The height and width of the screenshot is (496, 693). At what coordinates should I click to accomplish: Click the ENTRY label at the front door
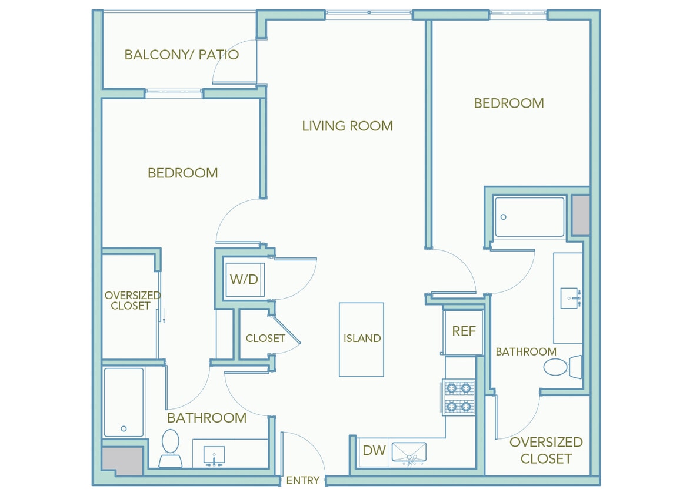302,480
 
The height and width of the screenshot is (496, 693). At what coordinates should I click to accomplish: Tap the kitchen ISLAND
361,339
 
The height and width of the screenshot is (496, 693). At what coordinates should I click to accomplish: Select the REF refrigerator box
464,331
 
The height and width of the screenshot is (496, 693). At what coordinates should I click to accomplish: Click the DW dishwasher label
374,451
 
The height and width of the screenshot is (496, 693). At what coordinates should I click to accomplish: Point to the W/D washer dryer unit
244,279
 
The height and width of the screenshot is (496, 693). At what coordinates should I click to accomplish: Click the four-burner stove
459,397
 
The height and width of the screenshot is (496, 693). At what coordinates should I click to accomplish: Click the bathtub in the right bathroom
529,217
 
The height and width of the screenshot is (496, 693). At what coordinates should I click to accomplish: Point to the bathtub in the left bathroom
124,403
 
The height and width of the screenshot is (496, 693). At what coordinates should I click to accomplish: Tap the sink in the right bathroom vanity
570,299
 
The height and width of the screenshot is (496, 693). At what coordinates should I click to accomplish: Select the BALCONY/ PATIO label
181,55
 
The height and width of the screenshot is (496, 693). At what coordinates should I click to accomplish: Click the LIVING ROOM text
347,126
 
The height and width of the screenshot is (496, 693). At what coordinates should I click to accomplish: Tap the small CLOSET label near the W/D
265,339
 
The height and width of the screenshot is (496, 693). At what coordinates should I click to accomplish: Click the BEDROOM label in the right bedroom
508,103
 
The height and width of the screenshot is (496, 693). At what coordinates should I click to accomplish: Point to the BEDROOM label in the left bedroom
182,173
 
